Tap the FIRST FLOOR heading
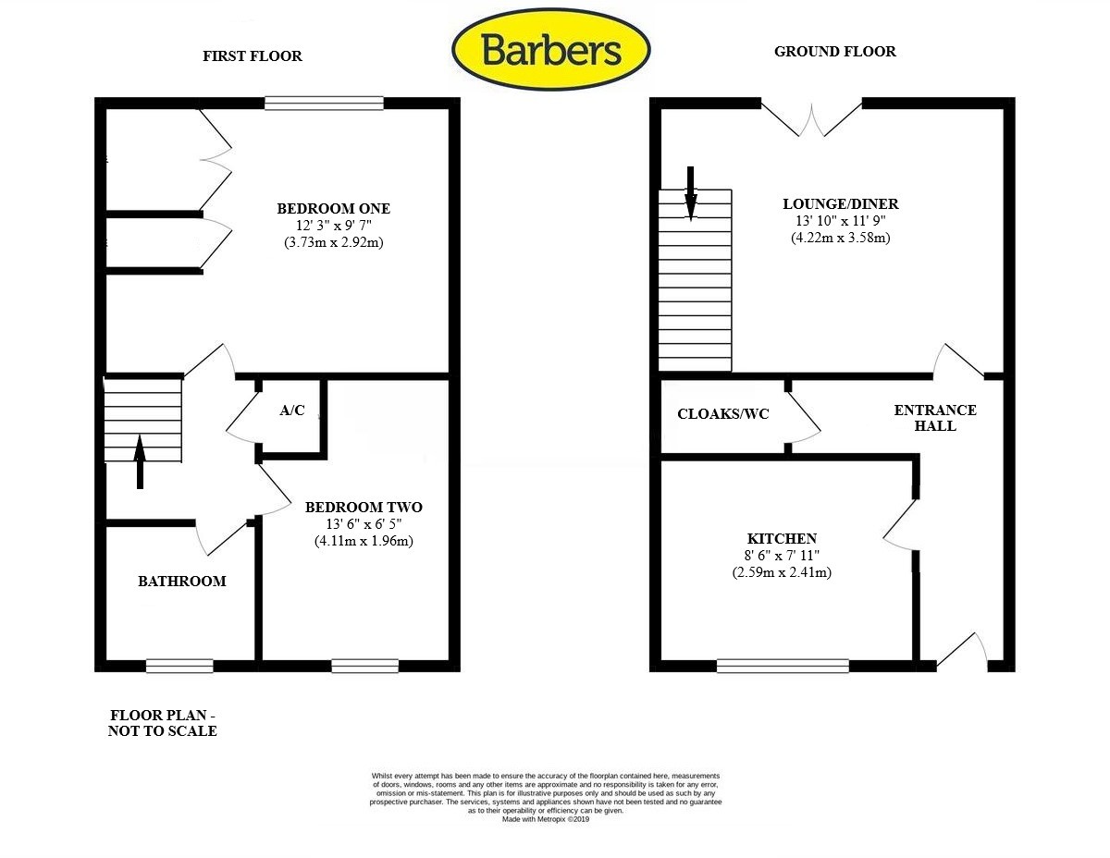pyautogui.click(x=253, y=56)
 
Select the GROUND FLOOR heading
pyautogui.click(x=834, y=52)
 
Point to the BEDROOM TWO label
pyautogui.click(x=364, y=508)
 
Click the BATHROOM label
pyautogui.click(x=182, y=582)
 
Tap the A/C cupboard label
pyautogui.click(x=292, y=411)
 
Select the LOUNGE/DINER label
pyautogui.click(x=840, y=204)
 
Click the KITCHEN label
pyautogui.click(x=782, y=539)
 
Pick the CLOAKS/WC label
pyautogui.click(x=723, y=414)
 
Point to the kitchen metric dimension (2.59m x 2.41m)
pyautogui.click(x=782, y=572)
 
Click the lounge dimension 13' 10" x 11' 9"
pyautogui.click(x=840, y=221)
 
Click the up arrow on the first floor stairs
pyautogui.click(x=141, y=460)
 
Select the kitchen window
pyautogui.click(x=783, y=665)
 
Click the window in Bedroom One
pyautogui.click(x=324, y=103)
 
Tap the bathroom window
pyautogui.click(x=179, y=665)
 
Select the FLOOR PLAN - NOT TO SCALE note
pyautogui.click(x=164, y=723)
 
